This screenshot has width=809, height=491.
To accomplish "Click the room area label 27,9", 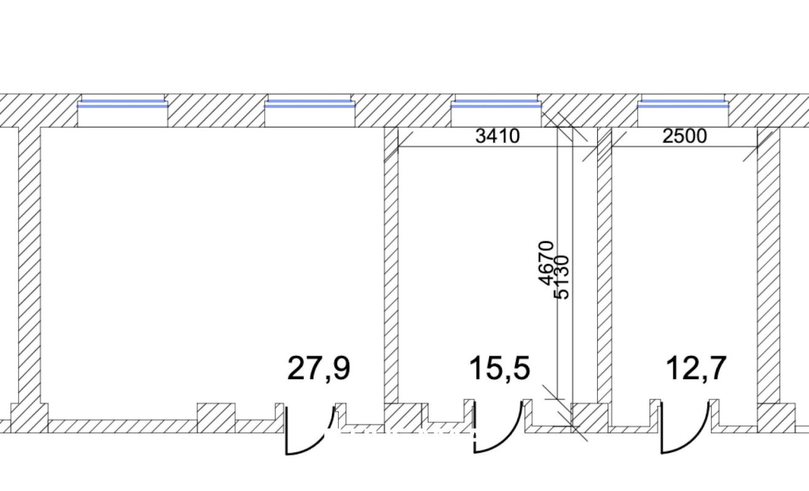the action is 319,368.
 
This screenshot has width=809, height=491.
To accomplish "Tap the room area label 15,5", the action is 500,368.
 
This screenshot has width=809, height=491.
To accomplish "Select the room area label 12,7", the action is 695,368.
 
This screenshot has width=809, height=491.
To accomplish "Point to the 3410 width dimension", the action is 498,136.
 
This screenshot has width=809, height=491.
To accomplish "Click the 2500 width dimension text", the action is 685,136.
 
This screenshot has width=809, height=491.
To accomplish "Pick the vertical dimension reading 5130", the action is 562,277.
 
